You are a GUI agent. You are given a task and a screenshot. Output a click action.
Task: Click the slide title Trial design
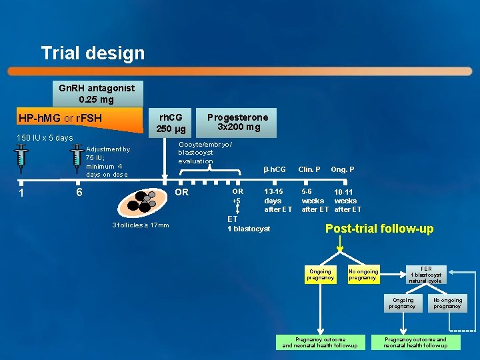click(93, 53)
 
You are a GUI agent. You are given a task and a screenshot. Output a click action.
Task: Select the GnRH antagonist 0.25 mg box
click(97, 93)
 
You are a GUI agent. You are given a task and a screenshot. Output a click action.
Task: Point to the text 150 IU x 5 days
click(46, 138)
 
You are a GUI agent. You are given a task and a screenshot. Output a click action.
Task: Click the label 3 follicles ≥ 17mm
click(141, 225)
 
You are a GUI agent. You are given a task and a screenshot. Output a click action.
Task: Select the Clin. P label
click(309, 169)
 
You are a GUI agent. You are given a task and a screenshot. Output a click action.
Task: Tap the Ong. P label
click(343, 169)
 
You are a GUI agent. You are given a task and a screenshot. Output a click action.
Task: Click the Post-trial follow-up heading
click(379, 229)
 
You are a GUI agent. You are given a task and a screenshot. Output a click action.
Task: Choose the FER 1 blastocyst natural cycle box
click(426, 275)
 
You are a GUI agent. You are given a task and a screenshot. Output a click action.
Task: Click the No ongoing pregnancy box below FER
click(447, 303)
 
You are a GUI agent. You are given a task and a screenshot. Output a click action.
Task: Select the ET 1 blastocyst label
click(249, 224)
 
